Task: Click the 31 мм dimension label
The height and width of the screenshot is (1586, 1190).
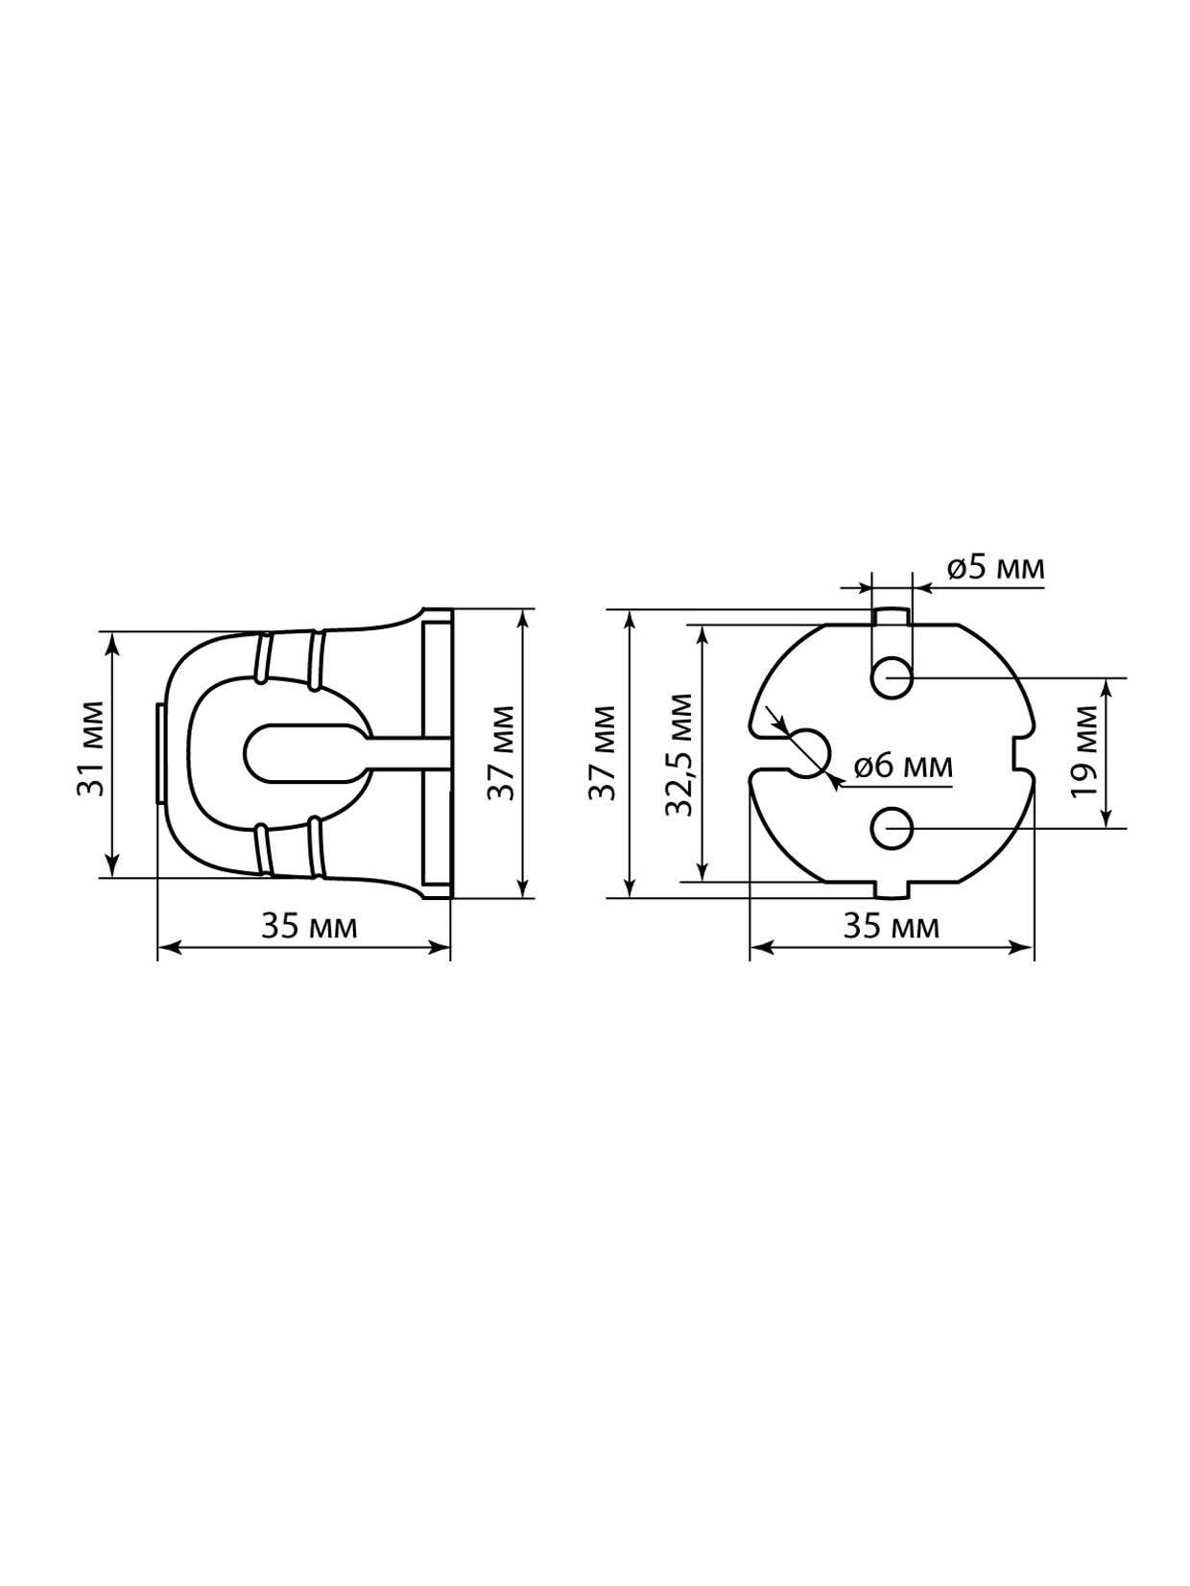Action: point(92,747)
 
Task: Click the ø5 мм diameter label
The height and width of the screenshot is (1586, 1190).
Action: point(995,568)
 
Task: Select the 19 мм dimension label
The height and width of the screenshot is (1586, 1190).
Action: point(1084,751)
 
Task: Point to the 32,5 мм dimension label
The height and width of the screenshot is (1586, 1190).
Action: point(679,755)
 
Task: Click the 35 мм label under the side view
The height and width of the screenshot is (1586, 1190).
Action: point(309,927)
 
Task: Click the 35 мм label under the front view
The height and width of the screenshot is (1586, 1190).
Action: point(891,927)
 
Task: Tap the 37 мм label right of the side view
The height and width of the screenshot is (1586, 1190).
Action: point(501,752)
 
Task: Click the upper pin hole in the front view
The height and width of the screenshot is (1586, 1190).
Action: point(891,677)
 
